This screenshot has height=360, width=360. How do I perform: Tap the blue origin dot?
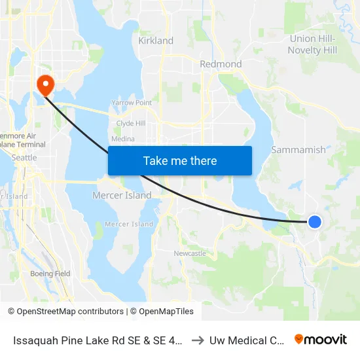(315, 222)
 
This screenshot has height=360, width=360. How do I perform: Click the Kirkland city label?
(156, 41)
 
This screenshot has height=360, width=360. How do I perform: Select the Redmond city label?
(221, 64)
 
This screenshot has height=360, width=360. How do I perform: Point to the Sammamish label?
(298, 150)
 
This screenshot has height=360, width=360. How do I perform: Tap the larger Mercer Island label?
(121, 195)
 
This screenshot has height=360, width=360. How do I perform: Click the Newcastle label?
(190, 253)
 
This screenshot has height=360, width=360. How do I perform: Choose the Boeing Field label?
(50, 274)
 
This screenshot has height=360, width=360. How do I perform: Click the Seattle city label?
(24, 158)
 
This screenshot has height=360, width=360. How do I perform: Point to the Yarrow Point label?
(132, 103)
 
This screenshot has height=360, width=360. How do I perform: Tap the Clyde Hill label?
(130, 123)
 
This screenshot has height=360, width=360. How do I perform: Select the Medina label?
(123, 139)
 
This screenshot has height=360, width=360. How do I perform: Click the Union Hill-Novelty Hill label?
(313, 45)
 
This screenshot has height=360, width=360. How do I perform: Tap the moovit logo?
(321, 339)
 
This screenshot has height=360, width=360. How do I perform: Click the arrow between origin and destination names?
(198, 340)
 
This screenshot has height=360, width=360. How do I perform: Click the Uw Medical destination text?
(247, 340)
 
